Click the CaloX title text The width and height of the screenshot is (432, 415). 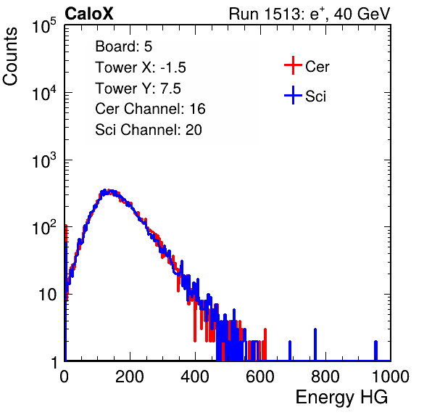(x=88, y=14)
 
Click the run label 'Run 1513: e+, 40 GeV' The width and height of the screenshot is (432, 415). (x=310, y=14)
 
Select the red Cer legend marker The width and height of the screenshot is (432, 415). (x=293, y=65)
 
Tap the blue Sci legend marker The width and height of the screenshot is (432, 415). (x=293, y=96)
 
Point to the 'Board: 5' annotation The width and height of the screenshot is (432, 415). (x=123, y=46)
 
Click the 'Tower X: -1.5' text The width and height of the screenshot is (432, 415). (x=141, y=67)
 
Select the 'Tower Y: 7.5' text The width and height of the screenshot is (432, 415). (x=138, y=89)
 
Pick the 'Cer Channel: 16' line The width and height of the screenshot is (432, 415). (x=150, y=109)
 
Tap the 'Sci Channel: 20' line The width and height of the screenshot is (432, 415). (x=149, y=130)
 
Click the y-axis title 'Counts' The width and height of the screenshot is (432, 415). (x=10, y=57)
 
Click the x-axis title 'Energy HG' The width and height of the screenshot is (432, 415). (x=341, y=398)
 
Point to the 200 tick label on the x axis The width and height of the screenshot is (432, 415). (x=130, y=377)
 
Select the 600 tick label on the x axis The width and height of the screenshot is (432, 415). (x=260, y=377)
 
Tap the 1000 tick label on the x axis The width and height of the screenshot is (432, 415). (x=391, y=377)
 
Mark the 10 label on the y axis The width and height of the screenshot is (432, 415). (x=47, y=295)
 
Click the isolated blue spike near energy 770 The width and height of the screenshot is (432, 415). (x=315, y=345)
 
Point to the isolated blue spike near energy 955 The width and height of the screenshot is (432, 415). (x=375, y=350)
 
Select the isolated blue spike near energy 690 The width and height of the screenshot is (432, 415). (x=290, y=350)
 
